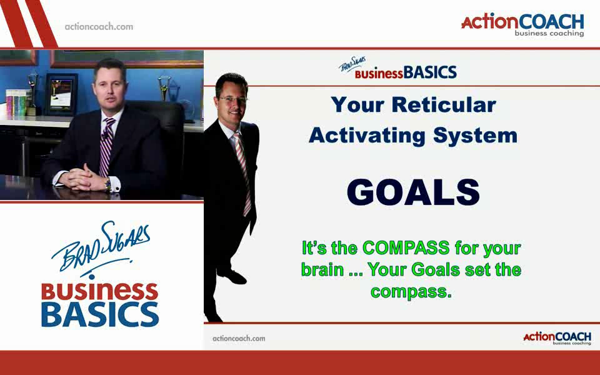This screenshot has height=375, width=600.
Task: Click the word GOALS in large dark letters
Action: click(x=413, y=192)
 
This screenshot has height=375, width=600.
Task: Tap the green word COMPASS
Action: click(x=406, y=247)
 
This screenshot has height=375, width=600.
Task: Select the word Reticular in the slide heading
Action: click(x=444, y=104)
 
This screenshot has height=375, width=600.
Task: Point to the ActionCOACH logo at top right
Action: click(x=522, y=25)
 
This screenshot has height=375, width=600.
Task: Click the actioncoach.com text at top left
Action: click(x=99, y=27)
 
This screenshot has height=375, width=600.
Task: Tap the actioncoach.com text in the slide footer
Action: click(x=239, y=338)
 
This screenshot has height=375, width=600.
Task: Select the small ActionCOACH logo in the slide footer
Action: click(x=557, y=338)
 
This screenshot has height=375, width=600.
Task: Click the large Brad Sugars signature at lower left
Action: click(x=101, y=247)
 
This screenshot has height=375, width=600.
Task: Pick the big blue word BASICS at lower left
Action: click(x=100, y=314)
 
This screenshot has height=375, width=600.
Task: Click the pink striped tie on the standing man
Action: click(x=243, y=172)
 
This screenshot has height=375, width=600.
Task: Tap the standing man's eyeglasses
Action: click(x=233, y=99)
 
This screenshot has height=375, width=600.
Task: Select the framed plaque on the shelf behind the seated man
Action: click(x=61, y=94)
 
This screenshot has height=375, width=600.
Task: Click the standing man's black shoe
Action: click(x=232, y=276)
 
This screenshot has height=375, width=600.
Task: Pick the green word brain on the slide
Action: click(x=322, y=270)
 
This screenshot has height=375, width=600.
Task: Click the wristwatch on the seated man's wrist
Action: click(x=108, y=185)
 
